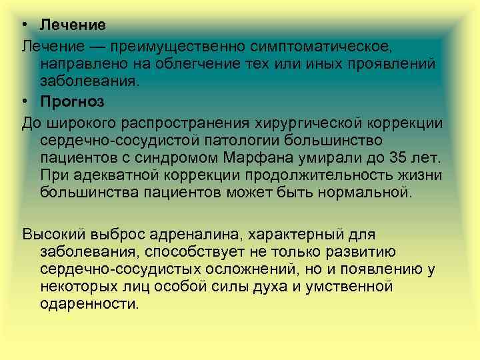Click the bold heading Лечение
[73, 25]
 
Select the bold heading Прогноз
[72, 102]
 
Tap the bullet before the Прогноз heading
[23, 102]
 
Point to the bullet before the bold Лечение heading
[23, 25]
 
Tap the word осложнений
[243, 269]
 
